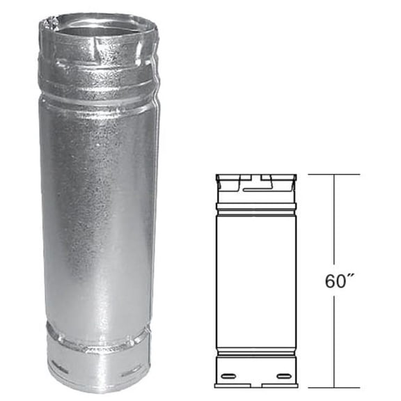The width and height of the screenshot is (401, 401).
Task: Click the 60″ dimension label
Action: tap(337, 281)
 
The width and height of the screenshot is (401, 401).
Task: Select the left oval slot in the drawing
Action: tap(228, 378)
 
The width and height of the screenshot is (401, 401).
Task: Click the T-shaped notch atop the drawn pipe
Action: tap(258, 183)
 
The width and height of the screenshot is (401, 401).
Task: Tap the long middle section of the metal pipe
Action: tap(97, 209)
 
